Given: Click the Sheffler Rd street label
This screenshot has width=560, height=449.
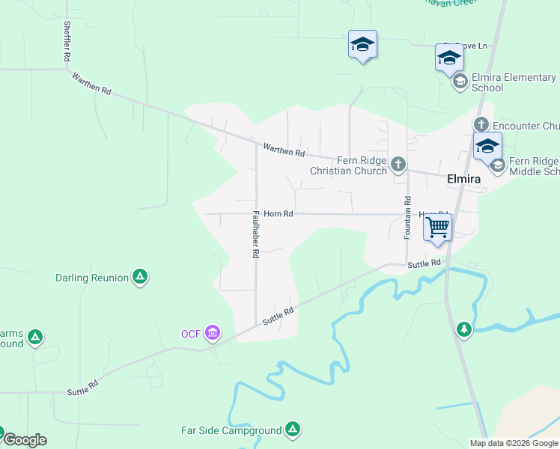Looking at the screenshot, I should [x=67, y=41].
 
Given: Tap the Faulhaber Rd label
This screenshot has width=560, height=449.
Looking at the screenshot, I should [x=255, y=234].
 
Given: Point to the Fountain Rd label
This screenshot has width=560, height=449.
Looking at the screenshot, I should [x=408, y=218].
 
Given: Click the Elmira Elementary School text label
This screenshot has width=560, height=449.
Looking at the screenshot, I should [x=514, y=82].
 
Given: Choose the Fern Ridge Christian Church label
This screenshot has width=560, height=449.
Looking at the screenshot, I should [x=350, y=165].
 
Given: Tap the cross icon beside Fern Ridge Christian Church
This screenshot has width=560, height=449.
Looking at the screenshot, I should [x=398, y=163].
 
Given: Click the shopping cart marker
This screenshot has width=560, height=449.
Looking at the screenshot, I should [x=437, y=227].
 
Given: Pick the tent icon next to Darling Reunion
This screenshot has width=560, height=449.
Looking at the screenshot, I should [x=139, y=278].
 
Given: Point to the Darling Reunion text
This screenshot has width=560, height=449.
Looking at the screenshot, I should [x=92, y=278].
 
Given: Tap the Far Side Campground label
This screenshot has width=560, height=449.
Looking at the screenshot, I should [x=231, y=430].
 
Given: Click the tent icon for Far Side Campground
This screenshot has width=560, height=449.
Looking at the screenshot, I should [x=293, y=430].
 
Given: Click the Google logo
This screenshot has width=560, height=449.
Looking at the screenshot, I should [x=25, y=440].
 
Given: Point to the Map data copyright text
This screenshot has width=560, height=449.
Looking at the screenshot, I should [x=514, y=443].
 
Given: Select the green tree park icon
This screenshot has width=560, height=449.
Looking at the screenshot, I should [x=464, y=329].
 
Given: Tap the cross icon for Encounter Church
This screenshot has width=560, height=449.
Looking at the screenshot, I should [x=480, y=124].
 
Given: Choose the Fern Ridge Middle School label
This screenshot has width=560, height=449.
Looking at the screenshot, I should [x=534, y=166].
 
